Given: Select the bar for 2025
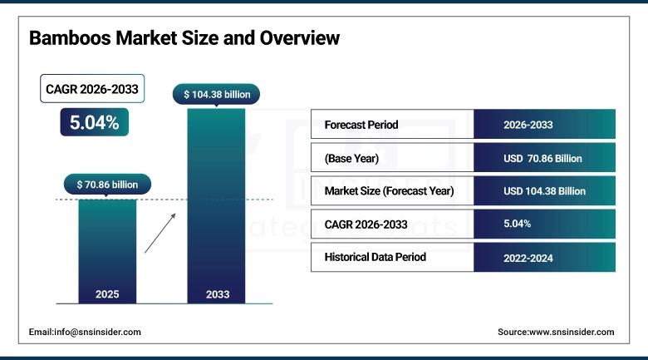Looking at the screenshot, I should click(x=107, y=249).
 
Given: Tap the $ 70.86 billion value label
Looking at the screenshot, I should click(x=107, y=184).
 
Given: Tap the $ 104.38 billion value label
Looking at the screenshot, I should click(x=216, y=94).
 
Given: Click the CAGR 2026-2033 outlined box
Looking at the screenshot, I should click(x=94, y=89).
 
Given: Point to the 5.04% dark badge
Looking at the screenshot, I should click(x=94, y=123).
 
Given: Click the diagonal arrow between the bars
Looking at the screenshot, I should click(x=161, y=232).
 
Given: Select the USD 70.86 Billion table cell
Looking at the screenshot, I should click(x=544, y=158).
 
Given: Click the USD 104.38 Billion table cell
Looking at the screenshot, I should click(x=544, y=190).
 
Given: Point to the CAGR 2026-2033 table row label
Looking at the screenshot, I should click(x=366, y=224).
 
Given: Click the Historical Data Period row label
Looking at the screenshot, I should click(x=375, y=257).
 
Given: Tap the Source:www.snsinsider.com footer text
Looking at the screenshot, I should click(x=556, y=332).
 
